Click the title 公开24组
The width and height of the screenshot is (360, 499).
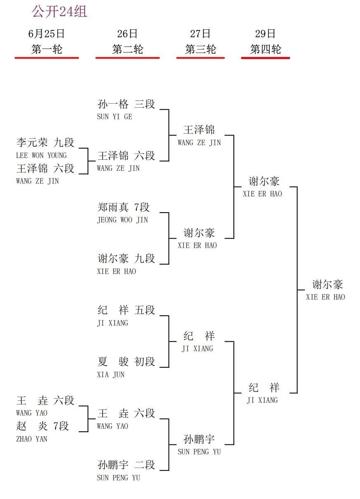(59, 12)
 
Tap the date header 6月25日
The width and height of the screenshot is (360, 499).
(47, 33)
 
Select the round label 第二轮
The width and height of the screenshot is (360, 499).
(127, 49)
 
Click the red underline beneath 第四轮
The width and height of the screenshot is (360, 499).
(266, 58)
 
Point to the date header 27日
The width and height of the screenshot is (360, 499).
(200, 33)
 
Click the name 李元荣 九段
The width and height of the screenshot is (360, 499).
(45, 142)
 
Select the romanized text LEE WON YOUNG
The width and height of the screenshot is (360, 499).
(41, 155)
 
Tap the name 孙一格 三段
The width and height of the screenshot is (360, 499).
(126, 104)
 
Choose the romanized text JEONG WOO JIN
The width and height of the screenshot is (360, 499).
(122, 220)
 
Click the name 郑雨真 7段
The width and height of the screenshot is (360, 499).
(124, 207)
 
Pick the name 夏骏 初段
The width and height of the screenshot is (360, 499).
(126, 362)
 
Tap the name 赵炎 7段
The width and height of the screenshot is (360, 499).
(42, 426)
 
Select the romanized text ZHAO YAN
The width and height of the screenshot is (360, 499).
(32, 439)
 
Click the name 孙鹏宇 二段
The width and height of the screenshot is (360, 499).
(126, 464)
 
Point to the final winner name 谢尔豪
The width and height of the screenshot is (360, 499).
(327, 284)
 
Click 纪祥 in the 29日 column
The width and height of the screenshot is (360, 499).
(264, 388)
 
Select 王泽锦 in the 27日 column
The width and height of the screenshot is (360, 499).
(199, 130)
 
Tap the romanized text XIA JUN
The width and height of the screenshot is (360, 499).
(111, 374)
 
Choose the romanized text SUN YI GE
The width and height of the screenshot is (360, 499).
(115, 116)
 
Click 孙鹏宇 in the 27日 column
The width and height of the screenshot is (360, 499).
(199, 439)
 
